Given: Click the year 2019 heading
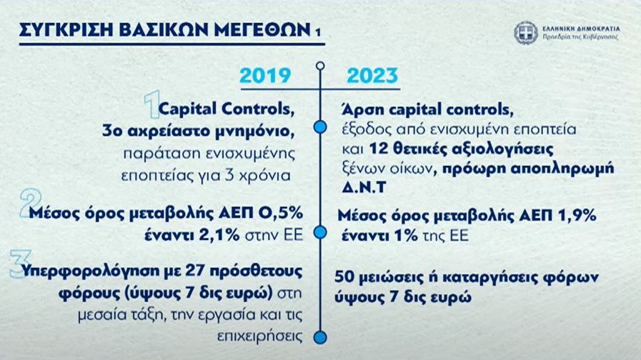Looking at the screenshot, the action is click(265, 76).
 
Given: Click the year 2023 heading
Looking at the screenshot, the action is click(372, 76).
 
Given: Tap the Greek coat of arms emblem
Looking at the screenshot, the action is click(526, 33).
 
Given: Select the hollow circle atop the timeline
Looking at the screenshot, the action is click(320, 66).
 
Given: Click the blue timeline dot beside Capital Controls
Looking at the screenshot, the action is click(320, 127).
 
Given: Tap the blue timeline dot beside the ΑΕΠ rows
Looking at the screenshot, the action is click(320, 233).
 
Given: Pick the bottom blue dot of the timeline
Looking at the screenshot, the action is click(320, 338).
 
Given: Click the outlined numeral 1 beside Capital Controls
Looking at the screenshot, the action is click(152, 105).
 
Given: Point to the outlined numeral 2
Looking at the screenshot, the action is click(30, 203).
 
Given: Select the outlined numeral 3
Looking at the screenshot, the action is click(20, 264).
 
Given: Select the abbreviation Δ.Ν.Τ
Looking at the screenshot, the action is click(364, 187).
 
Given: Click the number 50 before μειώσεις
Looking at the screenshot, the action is click(344, 277).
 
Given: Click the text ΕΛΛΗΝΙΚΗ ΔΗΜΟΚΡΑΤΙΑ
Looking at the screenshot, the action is click(581, 29).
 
